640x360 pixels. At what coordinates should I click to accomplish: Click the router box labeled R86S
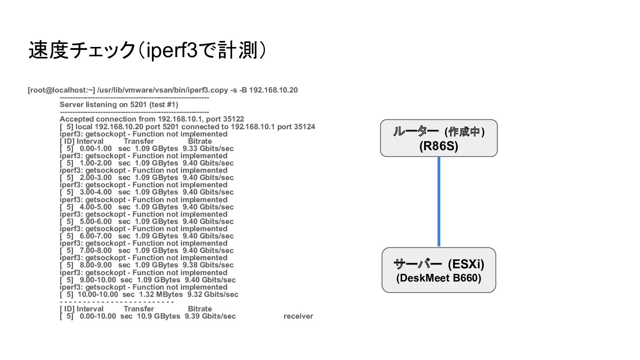439,138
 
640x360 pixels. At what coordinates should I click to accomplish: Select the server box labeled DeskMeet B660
439,270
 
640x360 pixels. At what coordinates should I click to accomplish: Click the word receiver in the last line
298,316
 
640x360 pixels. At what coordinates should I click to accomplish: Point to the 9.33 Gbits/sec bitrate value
208,148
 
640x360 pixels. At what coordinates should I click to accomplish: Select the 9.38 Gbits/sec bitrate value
208,265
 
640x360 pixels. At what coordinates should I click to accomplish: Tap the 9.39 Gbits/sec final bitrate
210,316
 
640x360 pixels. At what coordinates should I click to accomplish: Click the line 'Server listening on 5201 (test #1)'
119,105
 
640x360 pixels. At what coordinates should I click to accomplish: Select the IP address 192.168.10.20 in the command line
273,90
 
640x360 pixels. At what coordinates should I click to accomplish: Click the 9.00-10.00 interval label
98,280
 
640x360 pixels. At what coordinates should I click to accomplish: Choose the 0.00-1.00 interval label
96,148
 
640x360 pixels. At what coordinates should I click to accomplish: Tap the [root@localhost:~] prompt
61,90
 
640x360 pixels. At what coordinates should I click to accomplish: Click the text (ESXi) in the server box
466,264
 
